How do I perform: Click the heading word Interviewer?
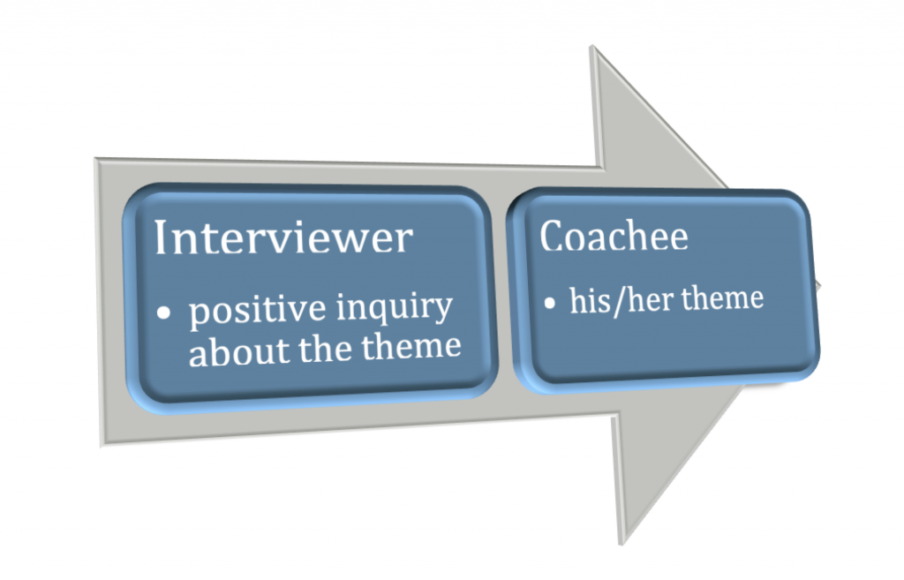pyautogui.click(x=283, y=237)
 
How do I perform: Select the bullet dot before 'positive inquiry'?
pyautogui.click(x=163, y=313)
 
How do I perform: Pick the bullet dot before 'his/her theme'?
pyautogui.click(x=549, y=302)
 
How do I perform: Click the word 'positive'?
pyautogui.click(x=257, y=310)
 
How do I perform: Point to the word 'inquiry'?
pyautogui.click(x=395, y=308)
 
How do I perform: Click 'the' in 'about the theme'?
pyautogui.click(x=325, y=348)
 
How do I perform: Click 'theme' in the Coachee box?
pyautogui.click(x=722, y=298)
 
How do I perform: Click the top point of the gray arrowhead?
pyautogui.click(x=591, y=46)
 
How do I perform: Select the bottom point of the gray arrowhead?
pyautogui.click(x=621, y=544)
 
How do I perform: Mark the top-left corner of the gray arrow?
pyautogui.click(x=95, y=158)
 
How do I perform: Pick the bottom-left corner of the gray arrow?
pyautogui.click(x=102, y=446)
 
